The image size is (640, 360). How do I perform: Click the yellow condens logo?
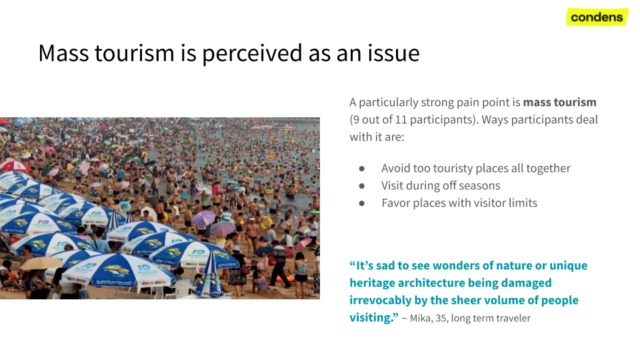click(597, 17)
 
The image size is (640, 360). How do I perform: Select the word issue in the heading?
click(393, 53)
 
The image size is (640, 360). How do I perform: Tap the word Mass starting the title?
click(63, 53)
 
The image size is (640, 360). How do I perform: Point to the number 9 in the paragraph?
click(356, 119)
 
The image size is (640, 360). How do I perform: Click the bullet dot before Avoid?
click(361, 169)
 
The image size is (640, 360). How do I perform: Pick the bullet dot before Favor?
click(361, 203)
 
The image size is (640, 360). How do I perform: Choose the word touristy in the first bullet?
click(453, 169)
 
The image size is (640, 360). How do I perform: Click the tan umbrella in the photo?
click(41, 263)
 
